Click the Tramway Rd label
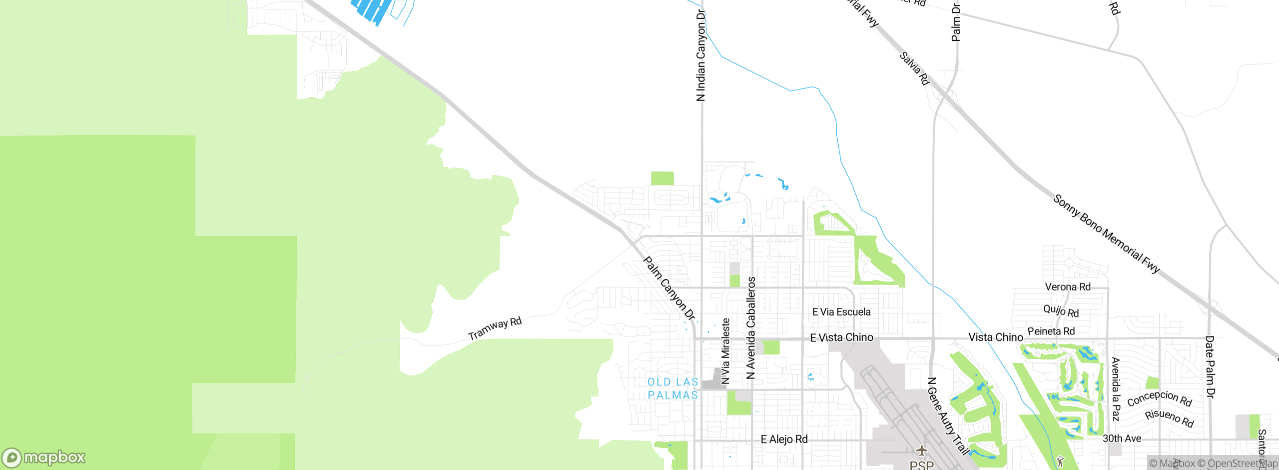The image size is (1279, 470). (495, 328)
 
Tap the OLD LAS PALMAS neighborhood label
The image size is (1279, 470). (672, 388)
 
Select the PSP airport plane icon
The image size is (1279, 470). (922, 451)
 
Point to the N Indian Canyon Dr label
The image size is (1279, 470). (701, 55)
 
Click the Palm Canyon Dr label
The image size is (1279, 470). (669, 288)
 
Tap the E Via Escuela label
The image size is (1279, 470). (841, 312)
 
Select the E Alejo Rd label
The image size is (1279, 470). (784, 439)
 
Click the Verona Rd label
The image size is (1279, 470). (1068, 287)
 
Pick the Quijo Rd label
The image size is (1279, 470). (1061, 311)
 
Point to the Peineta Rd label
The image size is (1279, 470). (1051, 331)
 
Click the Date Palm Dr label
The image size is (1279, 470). (1210, 367)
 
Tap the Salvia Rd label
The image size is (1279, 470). (914, 68)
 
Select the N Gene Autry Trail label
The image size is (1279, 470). (947, 416)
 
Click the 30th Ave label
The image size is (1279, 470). (1122, 438)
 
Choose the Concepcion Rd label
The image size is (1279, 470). (1159, 398)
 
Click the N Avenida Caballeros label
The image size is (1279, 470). (751, 328)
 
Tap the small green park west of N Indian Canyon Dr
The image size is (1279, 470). (662, 178)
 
